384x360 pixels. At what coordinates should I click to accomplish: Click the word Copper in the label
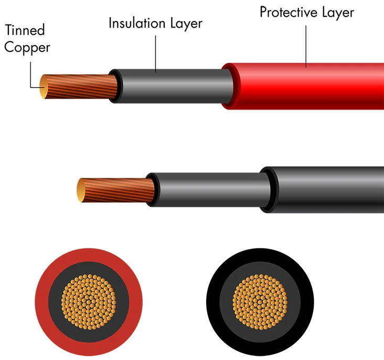pos(27,48)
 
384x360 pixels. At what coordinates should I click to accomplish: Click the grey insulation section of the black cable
pos(210,190)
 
